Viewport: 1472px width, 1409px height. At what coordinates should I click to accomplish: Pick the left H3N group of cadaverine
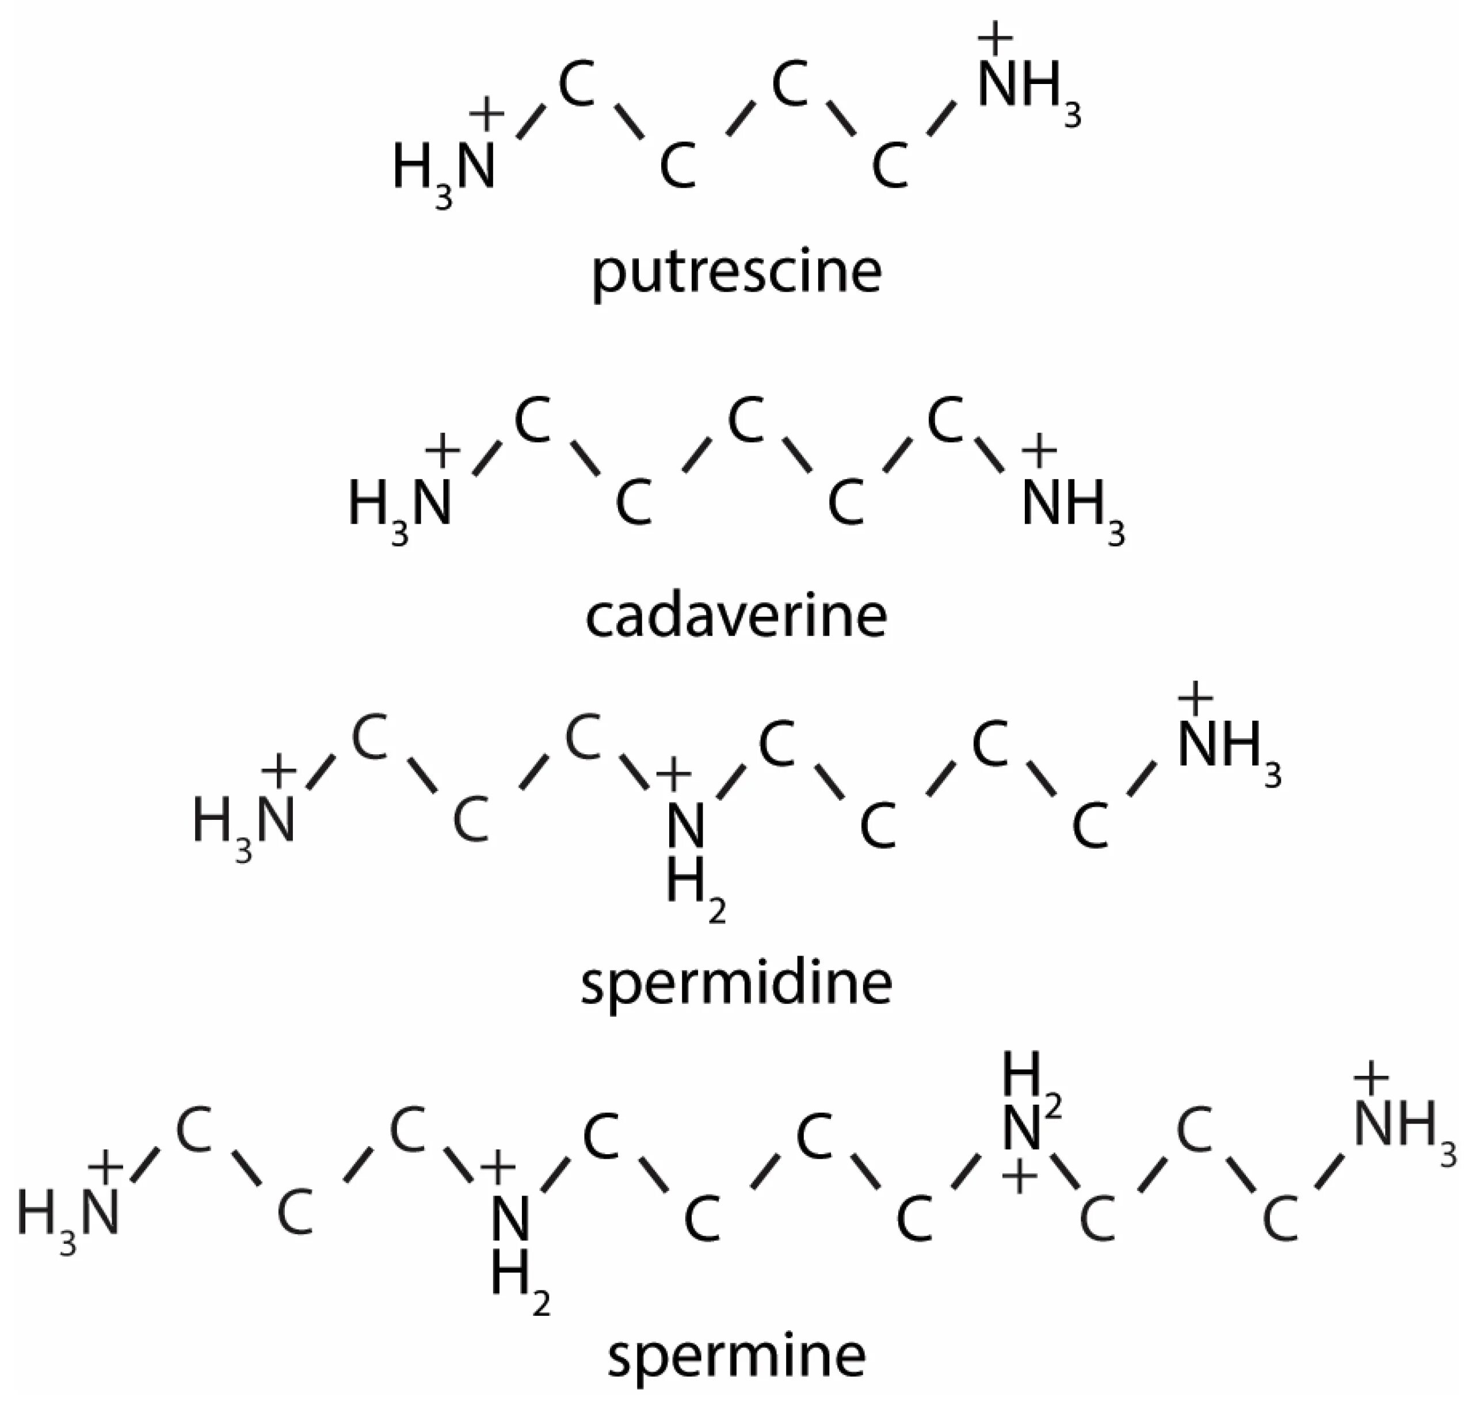(x=399, y=505)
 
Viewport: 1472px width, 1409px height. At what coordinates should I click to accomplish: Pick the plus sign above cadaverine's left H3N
(x=443, y=450)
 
